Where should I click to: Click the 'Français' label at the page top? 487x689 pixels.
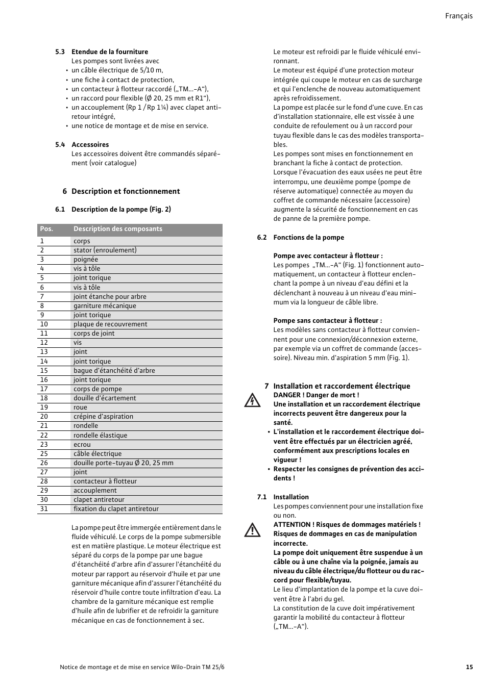[458, 16]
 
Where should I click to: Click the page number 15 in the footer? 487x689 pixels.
[469, 667]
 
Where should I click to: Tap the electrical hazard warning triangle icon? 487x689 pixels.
[252, 400]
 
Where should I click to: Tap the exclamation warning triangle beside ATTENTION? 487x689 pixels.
[252, 530]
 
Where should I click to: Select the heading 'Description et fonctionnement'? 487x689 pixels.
[126, 191]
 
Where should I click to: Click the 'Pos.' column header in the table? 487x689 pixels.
[46, 229]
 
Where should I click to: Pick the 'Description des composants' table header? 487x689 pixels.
[118, 229]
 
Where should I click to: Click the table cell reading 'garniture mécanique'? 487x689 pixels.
[105, 306]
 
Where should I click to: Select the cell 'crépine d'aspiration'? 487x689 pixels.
[103, 417]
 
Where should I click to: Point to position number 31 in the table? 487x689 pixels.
[44, 509]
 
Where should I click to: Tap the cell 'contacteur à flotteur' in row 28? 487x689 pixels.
[105, 481]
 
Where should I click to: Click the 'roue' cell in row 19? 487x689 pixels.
[80, 407]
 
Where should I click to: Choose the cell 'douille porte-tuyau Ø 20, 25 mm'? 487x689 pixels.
[124, 463]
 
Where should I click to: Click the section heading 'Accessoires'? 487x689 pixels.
[90, 145]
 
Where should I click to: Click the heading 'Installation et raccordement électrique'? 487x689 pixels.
[342, 386]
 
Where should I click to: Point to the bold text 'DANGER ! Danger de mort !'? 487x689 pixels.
[316, 395]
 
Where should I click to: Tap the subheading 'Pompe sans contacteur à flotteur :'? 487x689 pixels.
[327, 321]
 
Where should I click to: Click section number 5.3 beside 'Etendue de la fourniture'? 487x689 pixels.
[60, 52]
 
